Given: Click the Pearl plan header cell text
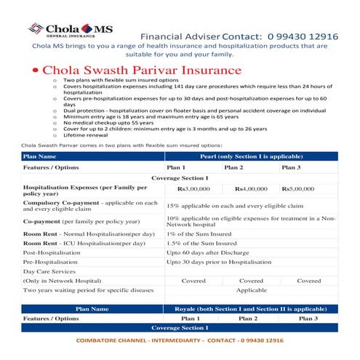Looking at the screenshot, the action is (251, 156).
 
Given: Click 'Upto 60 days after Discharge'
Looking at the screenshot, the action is (207, 254).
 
